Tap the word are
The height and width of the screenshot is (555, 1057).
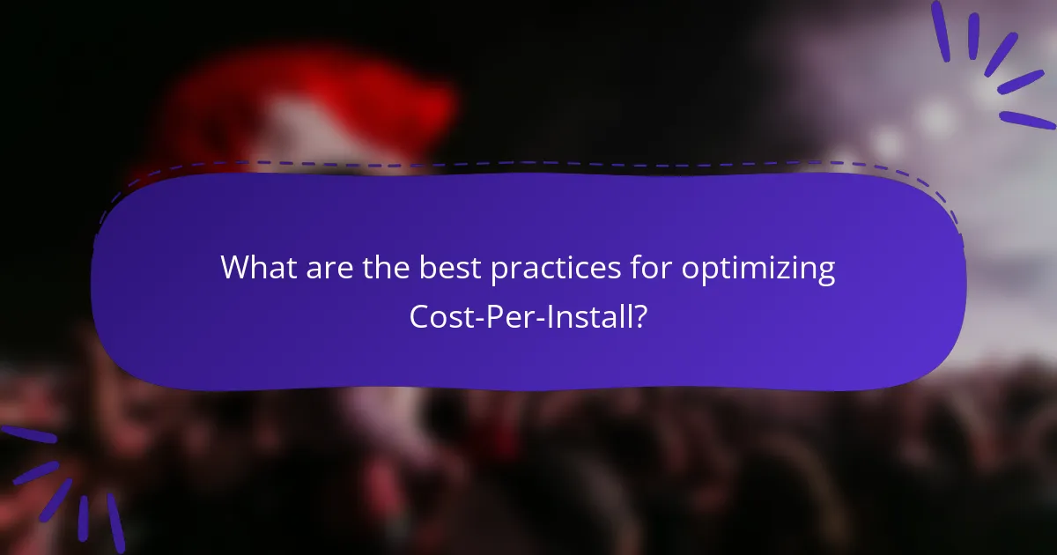coord(329,268)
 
